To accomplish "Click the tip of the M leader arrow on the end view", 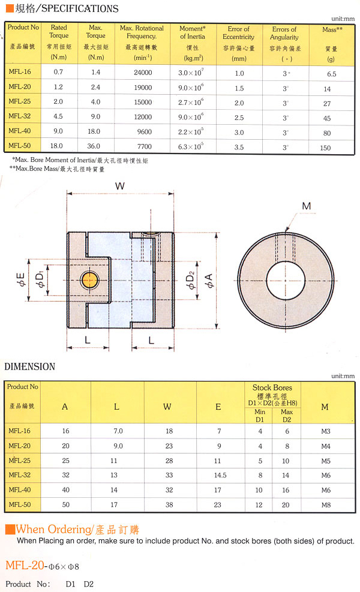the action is coord(286,231).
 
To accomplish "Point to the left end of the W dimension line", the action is coord(67,194).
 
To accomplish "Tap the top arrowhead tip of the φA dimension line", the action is coord(217,233).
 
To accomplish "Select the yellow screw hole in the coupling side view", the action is coord(89,280).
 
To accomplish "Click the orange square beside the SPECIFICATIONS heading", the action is coord(10,8).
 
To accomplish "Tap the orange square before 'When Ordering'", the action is coord(10,529).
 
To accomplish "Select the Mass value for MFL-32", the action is coord(327,118).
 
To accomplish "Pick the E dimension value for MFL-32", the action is coord(220,475).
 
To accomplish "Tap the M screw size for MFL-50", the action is coord(326,505).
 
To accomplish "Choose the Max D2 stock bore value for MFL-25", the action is coord(286,461).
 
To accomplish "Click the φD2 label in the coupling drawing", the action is coord(190,281).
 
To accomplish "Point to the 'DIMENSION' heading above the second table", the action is coord(30,366).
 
